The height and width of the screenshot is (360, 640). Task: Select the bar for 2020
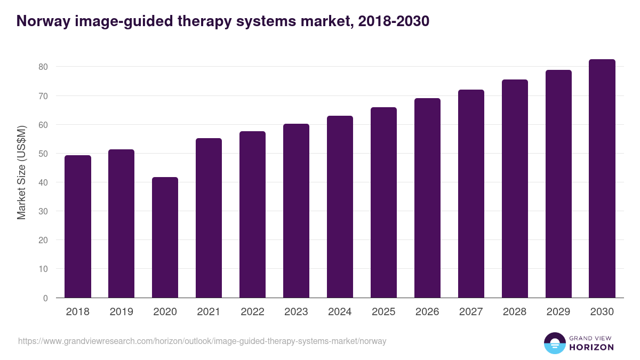165,237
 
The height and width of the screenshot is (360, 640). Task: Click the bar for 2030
602,179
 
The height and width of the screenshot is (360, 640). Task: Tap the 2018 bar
78,227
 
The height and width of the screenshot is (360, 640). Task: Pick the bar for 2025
383,203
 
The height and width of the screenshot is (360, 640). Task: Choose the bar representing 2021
209,218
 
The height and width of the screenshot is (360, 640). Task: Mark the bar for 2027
471,194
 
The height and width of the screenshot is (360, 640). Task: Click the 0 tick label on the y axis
45,298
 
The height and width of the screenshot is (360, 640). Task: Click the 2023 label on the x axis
296,312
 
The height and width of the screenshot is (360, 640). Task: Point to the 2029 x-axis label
558,312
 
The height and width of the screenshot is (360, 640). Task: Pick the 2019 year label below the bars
121,312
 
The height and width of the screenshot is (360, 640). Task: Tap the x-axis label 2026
427,312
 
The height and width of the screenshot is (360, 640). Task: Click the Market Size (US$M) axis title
21,172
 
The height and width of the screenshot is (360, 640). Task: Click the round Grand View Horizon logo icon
554,343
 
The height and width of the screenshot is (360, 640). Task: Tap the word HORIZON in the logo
591,347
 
